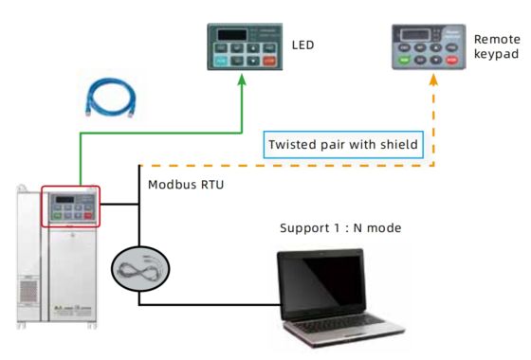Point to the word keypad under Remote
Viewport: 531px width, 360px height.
pos(496,57)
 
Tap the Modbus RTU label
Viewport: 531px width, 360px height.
pos(186,185)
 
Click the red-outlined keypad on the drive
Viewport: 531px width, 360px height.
pos(70,207)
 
